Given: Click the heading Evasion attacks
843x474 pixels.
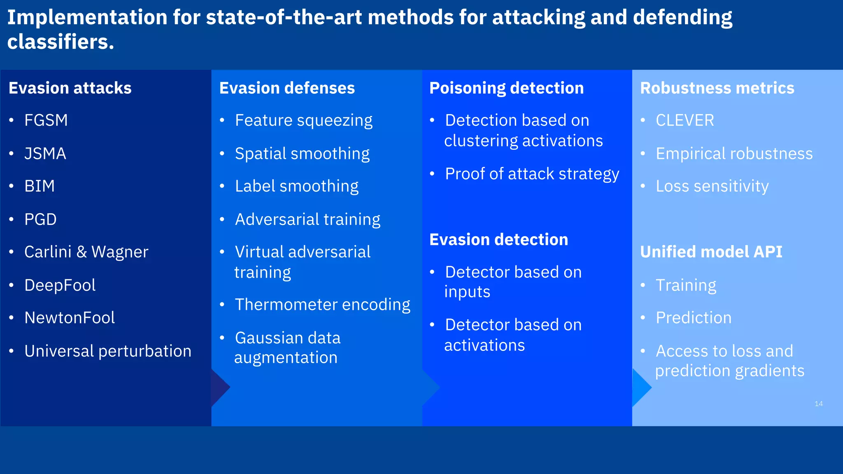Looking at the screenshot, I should (x=70, y=88).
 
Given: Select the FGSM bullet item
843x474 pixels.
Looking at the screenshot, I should (x=46, y=120).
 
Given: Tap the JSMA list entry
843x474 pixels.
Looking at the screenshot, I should (x=45, y=153).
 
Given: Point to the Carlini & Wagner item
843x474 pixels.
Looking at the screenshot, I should (x=86, y=252).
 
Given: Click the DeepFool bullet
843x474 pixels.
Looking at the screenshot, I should (x=60, y=285).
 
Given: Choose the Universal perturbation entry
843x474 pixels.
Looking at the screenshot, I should (x=107, y=351).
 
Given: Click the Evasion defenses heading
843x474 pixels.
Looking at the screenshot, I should (x=287, y=88).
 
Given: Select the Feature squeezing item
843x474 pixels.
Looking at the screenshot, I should (x=303, y=121).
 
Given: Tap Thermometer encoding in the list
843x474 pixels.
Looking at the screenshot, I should (x=322, y=305).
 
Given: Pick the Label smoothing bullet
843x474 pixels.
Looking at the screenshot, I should (x=296, y=186).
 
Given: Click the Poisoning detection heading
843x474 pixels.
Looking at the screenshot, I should (x=506, y=88).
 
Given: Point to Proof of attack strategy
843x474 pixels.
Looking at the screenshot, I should (x=532, y=174).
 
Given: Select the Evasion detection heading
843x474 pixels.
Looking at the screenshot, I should (x=498, y=239).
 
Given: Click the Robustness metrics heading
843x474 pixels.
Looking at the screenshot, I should (x=717, y=88).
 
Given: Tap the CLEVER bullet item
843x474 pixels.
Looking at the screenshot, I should (x=685, y=120).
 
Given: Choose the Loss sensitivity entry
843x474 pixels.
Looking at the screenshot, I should (x=712, y=186).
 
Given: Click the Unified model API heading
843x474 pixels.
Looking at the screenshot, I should (x=711, y=252).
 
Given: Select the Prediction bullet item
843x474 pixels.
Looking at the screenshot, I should (x=693, y=318).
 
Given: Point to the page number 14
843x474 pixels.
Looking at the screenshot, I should (x=818, y=404).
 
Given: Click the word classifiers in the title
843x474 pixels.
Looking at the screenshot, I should (x=60, y=42).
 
